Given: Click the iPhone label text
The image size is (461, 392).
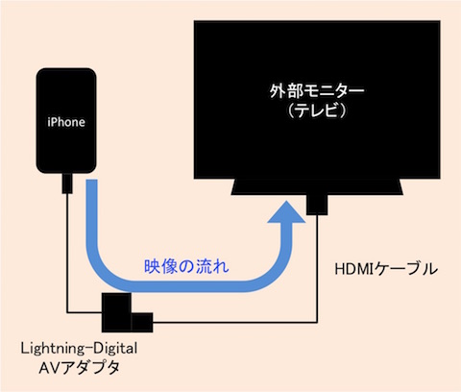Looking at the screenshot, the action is [66, 122].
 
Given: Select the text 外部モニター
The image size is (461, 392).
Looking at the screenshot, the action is [316, 91].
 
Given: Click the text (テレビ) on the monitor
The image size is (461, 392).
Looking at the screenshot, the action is [317, 110].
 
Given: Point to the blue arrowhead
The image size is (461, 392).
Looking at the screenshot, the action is [286, 212].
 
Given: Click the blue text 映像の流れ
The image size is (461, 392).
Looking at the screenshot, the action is [186, 266].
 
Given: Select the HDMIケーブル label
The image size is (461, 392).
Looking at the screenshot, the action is [386, 269].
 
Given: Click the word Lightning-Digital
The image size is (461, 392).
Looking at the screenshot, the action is [79, 348].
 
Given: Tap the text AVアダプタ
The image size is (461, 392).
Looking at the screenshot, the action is [79, 368].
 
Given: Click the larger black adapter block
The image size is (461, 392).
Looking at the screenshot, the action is [116, 312].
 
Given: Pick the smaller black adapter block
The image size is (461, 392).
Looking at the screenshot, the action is [142, 323].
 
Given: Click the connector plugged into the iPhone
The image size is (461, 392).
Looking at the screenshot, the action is [67, 184].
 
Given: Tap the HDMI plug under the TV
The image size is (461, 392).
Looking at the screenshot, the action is [317, 205].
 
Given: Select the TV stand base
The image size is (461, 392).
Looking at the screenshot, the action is [317, 186].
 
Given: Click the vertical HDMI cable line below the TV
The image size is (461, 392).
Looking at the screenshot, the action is [317, 268].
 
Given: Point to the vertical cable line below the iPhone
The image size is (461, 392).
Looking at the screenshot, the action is [67, 253].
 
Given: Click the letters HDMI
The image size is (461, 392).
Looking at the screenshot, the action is [355, 269].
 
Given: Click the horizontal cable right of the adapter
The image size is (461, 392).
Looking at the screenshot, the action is [235, 322].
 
